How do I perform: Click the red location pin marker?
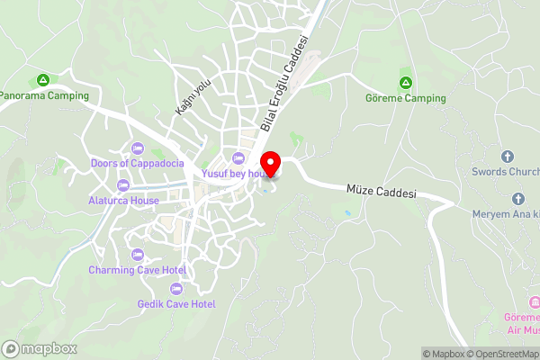pos(271,164)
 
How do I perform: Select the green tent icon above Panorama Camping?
pos(43,80)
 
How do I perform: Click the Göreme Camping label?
pos(406,97)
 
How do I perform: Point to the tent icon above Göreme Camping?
pos(406,82)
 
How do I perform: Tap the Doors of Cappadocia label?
pos(137,163)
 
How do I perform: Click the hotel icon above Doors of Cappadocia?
pos(137,148)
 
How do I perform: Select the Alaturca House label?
pos(124,201)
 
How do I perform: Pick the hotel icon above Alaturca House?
pos(123,185)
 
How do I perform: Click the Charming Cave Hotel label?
pos(137,270)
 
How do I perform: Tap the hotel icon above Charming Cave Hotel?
pos(137,255)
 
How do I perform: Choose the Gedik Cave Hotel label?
pos(176,304)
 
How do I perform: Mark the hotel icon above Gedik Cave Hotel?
pos(175,289)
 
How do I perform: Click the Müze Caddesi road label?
pos(382,193)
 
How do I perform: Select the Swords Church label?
pos(505,171)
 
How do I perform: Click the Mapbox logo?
pos(40,348)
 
